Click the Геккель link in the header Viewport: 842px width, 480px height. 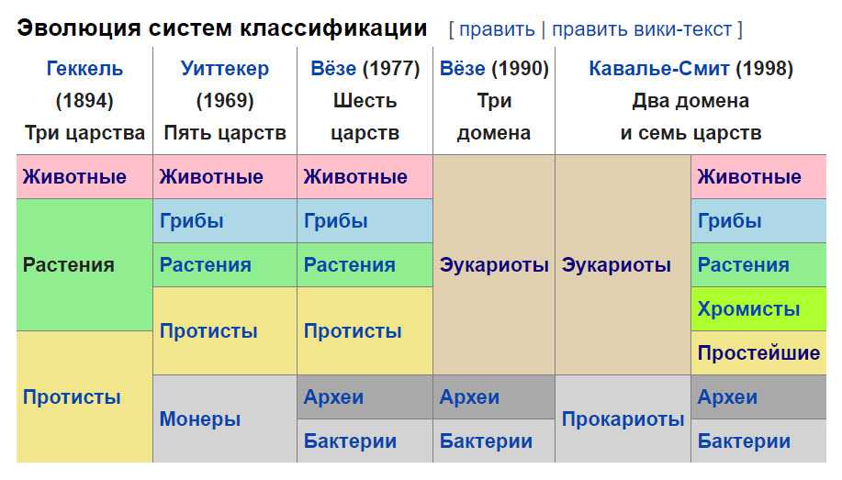point(84,69)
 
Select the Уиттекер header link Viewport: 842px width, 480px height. point(225,69)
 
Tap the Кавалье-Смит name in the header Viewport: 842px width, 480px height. point(659,69)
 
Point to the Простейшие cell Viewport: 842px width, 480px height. point(758,352)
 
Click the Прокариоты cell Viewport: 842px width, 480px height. point(623,419)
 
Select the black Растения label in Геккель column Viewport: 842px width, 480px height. point(69,264)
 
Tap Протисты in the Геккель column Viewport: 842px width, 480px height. point(72,396)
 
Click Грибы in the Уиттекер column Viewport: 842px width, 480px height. point(192,220)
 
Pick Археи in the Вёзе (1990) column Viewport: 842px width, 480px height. point(469,396)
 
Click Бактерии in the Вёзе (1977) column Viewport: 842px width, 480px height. point(350,441)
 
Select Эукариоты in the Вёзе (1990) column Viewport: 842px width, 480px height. point(494,264)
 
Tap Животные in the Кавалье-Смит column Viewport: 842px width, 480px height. point(749,176)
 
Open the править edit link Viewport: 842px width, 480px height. point(498,29)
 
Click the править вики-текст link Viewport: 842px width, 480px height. point(642,29)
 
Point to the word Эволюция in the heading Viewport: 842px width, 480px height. point(79,28)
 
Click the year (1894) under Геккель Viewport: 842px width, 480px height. point(84,101)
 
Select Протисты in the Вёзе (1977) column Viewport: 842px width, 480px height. point(353,330)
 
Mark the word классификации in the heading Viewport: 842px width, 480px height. point(333,28)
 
